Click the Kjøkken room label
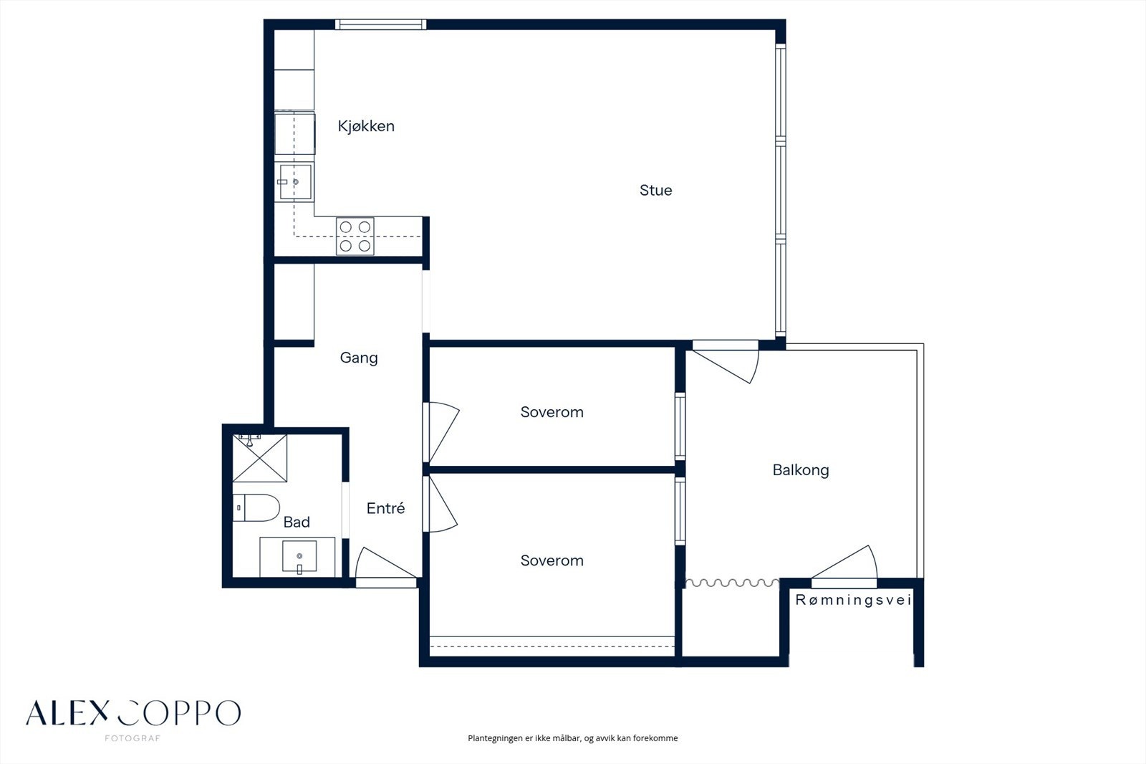point(366,126)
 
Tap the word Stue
point(655,191)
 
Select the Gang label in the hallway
point(359,358)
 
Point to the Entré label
point(386,508)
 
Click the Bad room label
point(297,522)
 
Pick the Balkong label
point(801,470)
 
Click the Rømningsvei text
point(853,600)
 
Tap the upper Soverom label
point(552,412)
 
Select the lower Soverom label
point(552,560)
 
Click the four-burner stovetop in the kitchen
point(355,236)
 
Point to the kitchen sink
point(295,182)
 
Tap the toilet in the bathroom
point(256,507)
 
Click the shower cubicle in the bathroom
point(260,458)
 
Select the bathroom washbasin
point(299,556)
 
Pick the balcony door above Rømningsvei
point(844,562)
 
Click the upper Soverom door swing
point(443,433)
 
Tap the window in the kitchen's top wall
point(380,24)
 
